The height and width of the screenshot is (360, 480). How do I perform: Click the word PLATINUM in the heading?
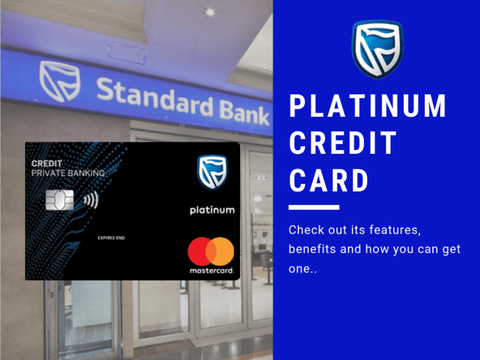(368, 106)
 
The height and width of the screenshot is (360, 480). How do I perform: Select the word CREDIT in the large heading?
(343, 144)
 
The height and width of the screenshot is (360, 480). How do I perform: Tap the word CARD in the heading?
(329, 181)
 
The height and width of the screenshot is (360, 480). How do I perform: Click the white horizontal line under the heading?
(314, 207)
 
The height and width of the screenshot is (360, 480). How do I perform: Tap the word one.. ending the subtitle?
(302, 269)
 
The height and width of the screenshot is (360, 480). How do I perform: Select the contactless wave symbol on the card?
(91, 200)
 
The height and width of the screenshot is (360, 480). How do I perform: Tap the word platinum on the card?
(212, 210)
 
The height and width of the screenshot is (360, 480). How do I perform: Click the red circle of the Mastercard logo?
(200, 251)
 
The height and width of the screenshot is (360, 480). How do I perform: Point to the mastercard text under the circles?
(211, 271)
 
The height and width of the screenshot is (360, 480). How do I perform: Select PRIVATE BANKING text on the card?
(67, 172)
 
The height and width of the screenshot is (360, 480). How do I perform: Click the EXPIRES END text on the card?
(111, 237)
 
